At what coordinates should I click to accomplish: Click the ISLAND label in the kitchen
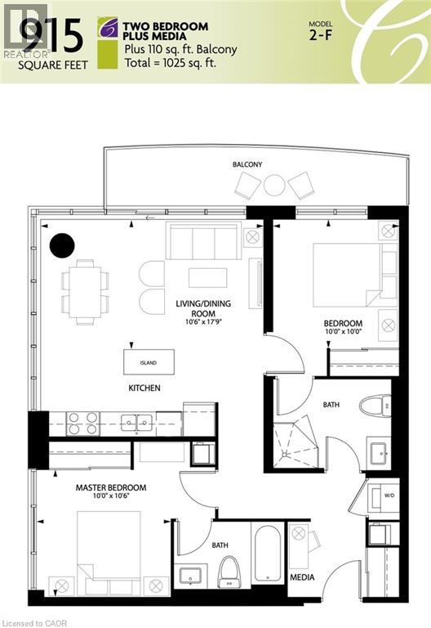tap(149, 362)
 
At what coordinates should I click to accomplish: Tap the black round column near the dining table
tap(62, 244)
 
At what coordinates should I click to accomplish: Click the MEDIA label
tap(302, 577)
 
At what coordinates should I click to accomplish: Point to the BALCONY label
tap(247, 164)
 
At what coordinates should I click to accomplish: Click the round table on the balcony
tap(274, 186)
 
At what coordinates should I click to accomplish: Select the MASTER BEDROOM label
tap(111, 488)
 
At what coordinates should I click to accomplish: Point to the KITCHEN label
tap(144, 388)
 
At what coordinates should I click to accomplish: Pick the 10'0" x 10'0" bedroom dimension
tap(342, 333)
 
